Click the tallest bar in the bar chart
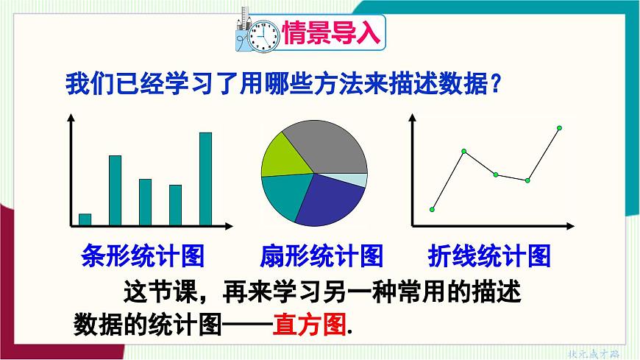click(x=206, y=178)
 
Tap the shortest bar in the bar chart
click(x=85, y=219)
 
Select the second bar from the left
click(x=115, y=190)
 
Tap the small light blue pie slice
click(x=357, y=180)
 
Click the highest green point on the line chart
click(x=558, y=129)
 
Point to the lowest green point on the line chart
click(x=432, y=210)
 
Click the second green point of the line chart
click(x=464, y=152)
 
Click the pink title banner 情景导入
click(x=331, y=33)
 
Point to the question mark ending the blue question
click(x=497, y=83)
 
